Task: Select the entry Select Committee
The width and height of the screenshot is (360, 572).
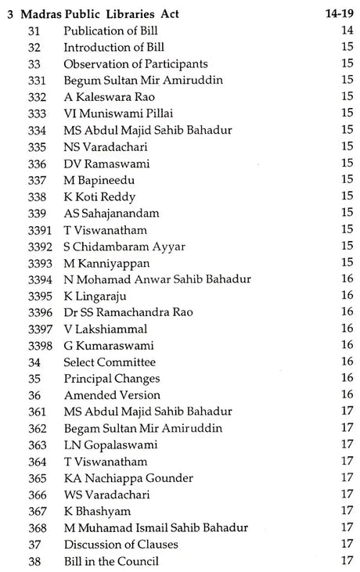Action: click(110, 362)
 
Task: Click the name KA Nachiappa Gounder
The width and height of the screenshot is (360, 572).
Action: click(129, 477)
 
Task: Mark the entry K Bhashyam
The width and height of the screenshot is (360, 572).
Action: click(99, 510)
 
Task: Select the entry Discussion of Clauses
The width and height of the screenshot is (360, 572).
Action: click(121, 543)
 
